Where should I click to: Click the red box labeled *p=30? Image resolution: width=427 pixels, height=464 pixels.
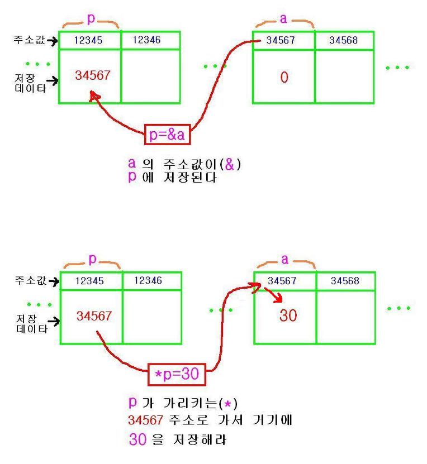tap(177, 374)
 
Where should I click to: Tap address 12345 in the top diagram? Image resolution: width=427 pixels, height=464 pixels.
tap(89, 40)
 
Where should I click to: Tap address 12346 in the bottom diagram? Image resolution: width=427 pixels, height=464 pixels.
tap(148, 280)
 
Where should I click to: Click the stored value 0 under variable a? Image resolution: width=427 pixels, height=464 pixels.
tap(284, 78)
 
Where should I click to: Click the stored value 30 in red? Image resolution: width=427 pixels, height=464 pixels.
tap(288, 316)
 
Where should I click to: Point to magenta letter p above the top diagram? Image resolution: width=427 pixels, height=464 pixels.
tap(91, 18)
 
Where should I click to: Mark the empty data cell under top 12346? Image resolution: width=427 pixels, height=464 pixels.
tap(150, 76)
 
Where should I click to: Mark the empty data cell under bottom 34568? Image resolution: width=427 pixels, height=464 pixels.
tap(345, 317)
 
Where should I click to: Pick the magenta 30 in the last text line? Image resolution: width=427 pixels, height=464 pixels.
tap(137, 439)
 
